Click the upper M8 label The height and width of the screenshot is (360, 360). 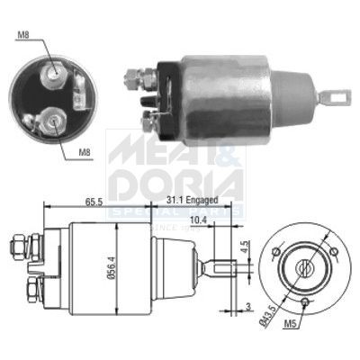coord(22,35)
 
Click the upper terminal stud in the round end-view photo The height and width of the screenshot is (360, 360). coord(54,72)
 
